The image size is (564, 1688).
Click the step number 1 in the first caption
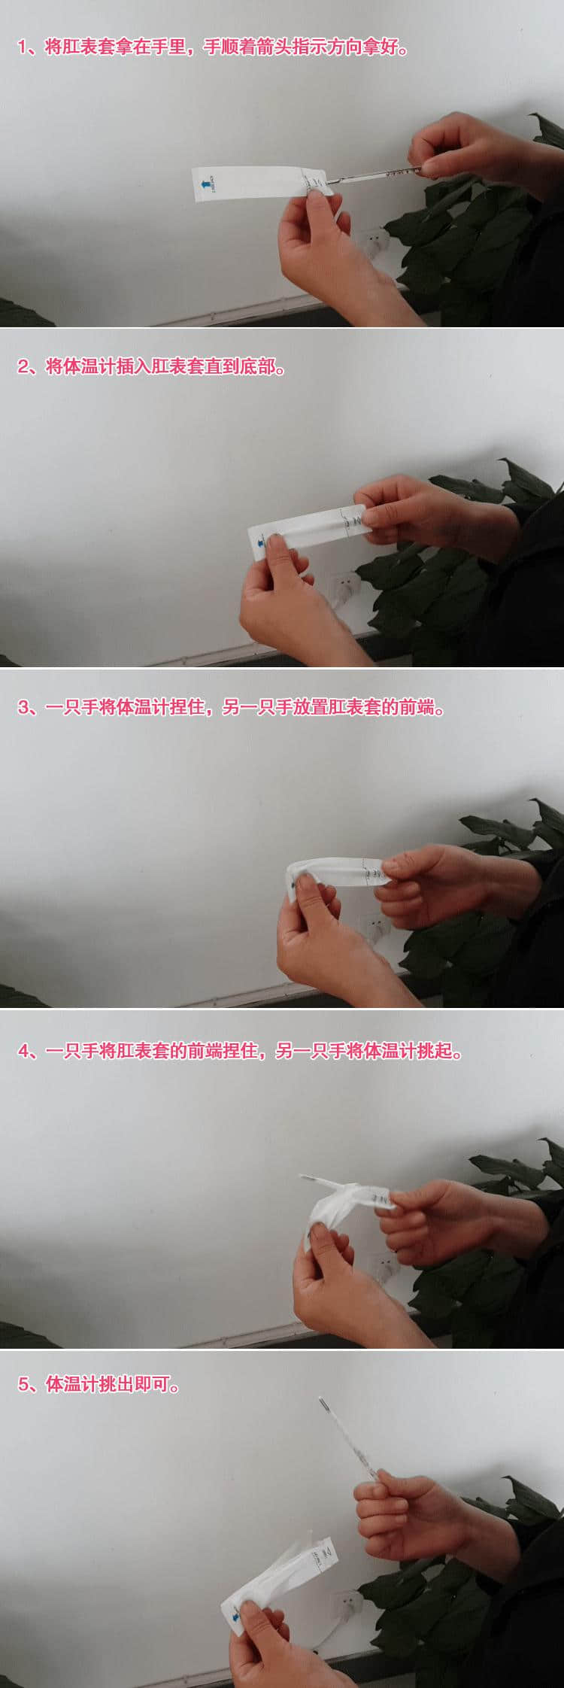pyautogui.click(x=23, y=47)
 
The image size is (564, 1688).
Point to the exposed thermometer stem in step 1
pyautogui.click(x=376, y=175)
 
